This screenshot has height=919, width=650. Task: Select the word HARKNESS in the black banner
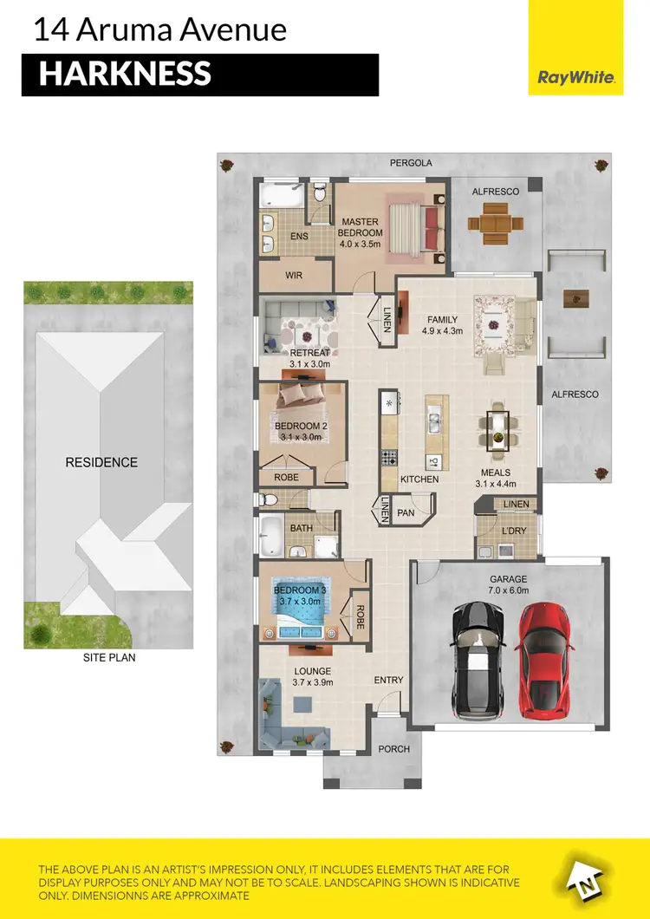coord(125,75)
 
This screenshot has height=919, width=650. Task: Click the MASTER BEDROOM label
coord(361,227)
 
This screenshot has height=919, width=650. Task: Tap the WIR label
coord(295,277)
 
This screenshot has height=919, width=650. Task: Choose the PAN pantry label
coord(406,513)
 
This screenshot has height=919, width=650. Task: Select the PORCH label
coord(394,748)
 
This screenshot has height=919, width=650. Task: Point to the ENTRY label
coord(388,680)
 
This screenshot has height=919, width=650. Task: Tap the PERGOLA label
coord(410,163)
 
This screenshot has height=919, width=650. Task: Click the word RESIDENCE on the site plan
coord(101,462)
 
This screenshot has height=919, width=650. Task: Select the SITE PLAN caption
coord(109,657)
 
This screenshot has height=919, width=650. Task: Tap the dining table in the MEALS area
coord(497,429)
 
